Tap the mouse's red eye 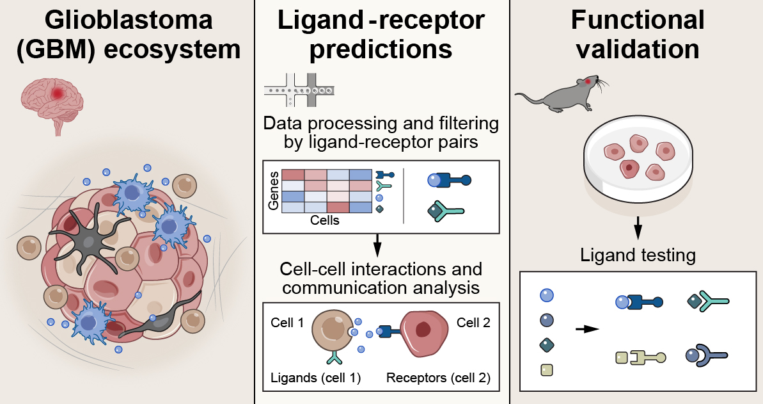(x=588, y=81)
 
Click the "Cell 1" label (x=287, y=323)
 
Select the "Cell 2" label (x=473, y=323)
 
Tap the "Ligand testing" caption (x=638, y=255)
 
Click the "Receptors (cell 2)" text (x=438, y=378)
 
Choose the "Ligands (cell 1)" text (x=315, y=378)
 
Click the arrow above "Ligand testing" (x=638, y=227)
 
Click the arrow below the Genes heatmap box (x=377, y=244)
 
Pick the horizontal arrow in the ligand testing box (x=586, y=329)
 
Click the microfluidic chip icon (x=299, y=93)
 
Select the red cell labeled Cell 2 (x=423, y=333)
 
